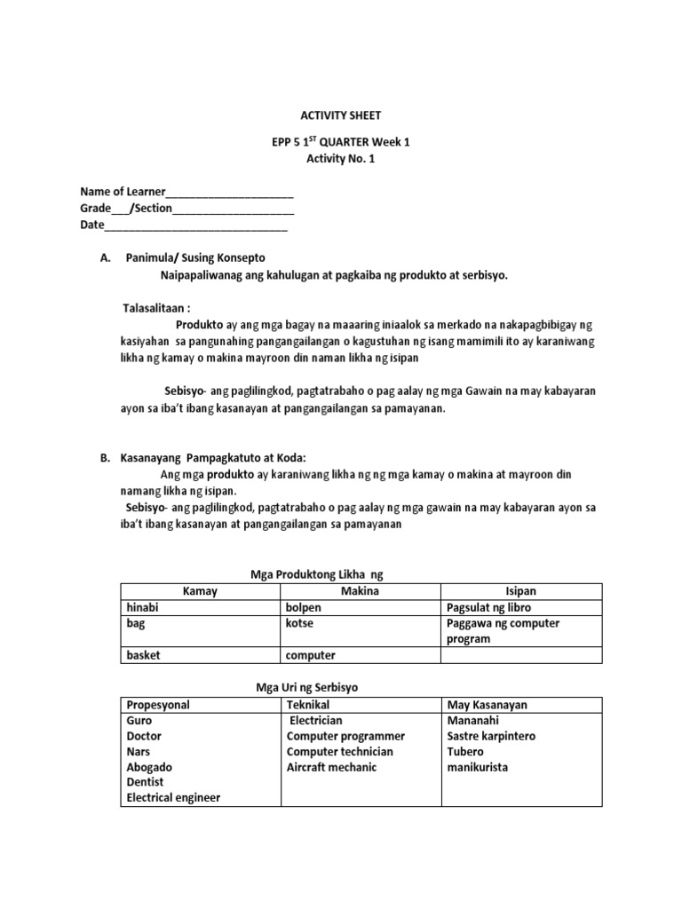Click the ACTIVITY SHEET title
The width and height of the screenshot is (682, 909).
(x=340, y=115)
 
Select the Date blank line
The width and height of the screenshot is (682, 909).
(x=196, y=225)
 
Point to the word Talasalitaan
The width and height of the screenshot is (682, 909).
(x=156, y=307)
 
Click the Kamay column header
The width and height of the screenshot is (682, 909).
(x=200, y=591)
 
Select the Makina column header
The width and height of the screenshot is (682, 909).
(x=361, y=591)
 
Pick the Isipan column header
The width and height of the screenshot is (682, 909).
(x=520, y=591)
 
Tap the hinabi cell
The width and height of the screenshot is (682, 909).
(x=146, y=608)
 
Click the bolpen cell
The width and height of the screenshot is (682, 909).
(x=304, y=608)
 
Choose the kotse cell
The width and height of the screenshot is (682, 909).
(x=299, y=623)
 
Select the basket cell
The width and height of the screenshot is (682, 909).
(x=146, y=655)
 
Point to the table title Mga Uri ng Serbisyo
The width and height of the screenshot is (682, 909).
(x=306, y=688)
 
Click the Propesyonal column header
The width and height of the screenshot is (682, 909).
(x=158, y=705)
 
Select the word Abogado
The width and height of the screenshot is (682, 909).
(x=150, y=767)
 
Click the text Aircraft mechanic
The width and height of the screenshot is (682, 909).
(x=332, y=767)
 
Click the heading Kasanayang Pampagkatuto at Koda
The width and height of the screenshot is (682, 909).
(x=212, y=458)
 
